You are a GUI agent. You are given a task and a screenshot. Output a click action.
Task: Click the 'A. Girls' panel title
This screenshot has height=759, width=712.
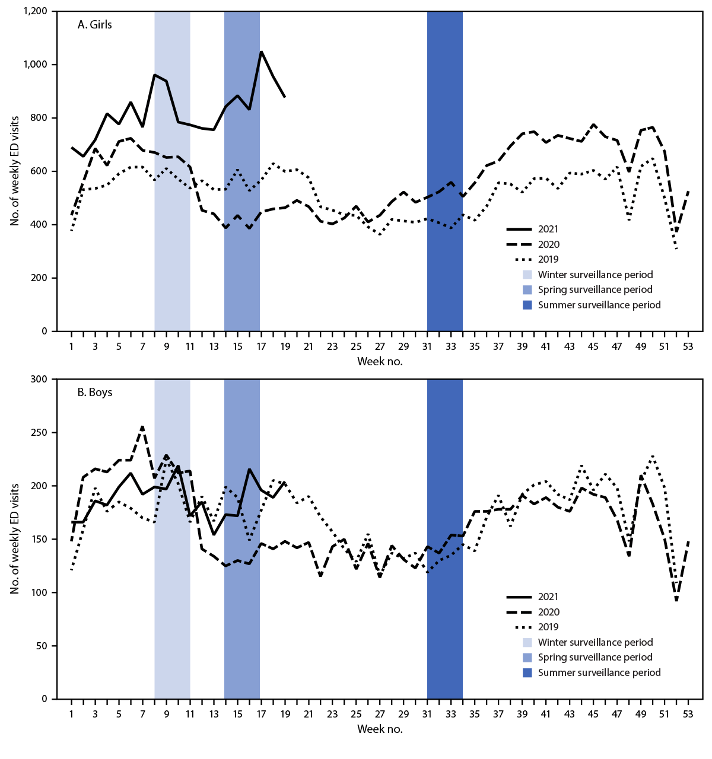[94, 24]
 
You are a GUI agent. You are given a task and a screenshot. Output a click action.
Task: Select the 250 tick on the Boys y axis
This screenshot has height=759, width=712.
[40, 432]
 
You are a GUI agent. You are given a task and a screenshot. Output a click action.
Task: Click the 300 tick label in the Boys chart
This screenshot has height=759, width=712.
[40, 379]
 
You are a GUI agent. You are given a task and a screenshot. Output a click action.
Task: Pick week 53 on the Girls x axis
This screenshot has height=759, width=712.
[688, 346]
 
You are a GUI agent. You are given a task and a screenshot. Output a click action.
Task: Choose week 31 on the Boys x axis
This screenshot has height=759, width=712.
[427, 714]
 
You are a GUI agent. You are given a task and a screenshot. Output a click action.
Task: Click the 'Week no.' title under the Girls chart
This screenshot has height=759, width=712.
[380, 361]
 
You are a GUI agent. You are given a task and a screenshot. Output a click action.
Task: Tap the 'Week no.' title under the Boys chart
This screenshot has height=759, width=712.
[380, 729]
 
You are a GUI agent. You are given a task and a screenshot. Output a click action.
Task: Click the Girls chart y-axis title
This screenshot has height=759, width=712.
[14, 171]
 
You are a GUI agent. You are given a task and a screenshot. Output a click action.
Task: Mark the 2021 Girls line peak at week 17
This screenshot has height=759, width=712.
[261, 52]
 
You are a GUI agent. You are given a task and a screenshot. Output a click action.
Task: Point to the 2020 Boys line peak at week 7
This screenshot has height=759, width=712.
[142, 426]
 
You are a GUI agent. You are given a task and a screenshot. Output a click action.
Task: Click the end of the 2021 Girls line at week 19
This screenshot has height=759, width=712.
[285, 97]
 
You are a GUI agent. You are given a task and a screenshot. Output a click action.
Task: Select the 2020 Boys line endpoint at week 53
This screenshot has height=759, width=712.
[688, 541]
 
